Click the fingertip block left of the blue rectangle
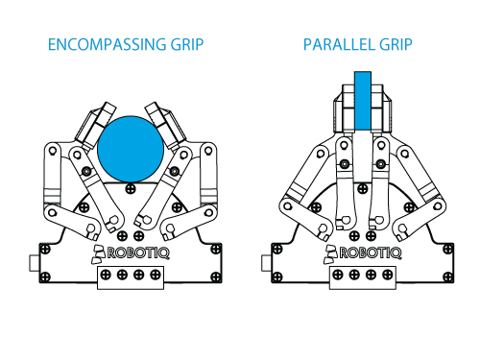346,106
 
